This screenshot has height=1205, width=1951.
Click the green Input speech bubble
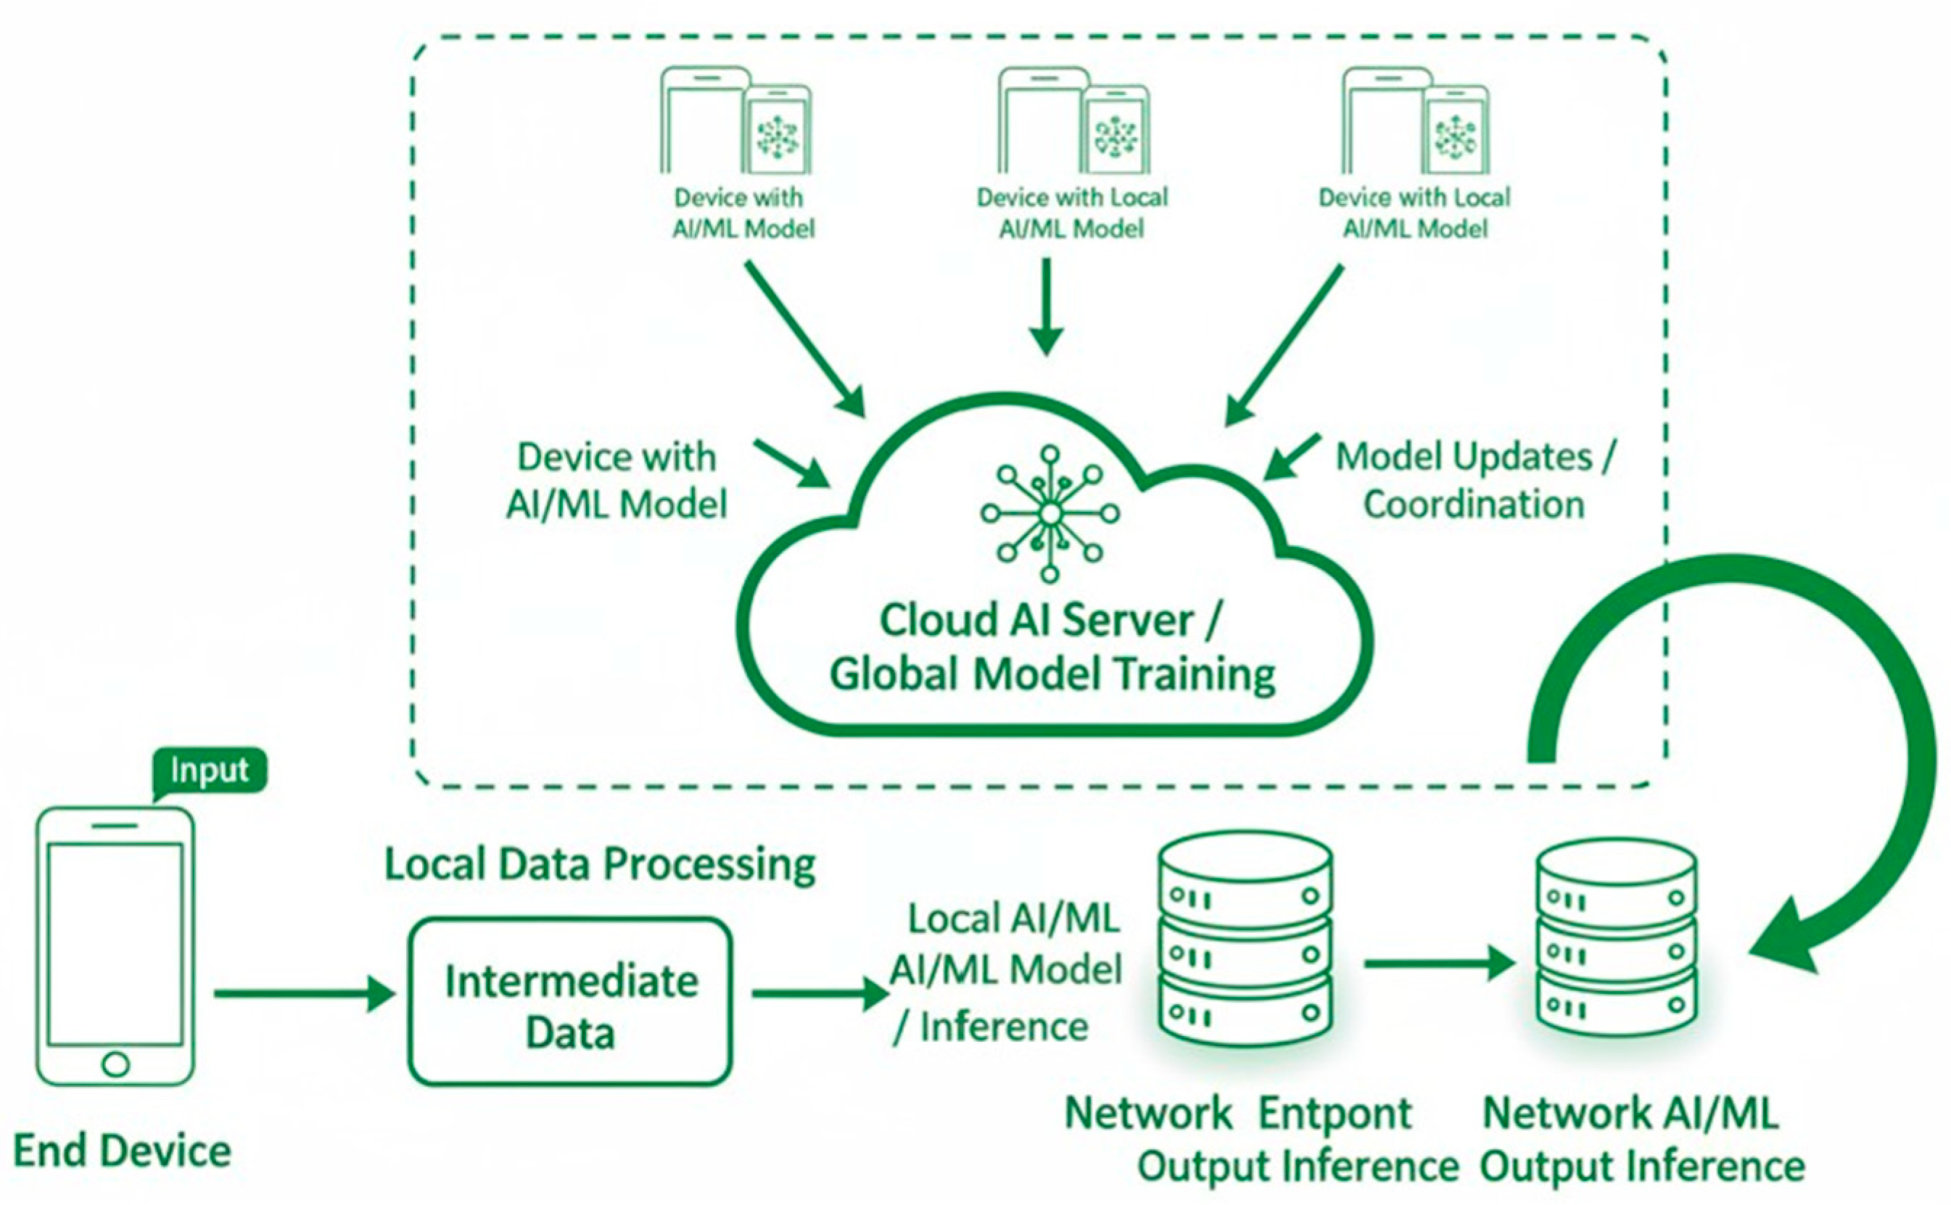(x=208, y=770)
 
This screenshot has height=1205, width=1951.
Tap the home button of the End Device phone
(x=115, y=1064)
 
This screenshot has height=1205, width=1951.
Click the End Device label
(x=122, y=1151)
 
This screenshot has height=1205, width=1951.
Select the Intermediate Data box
(x=570, y=1002)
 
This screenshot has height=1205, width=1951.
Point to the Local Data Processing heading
(x=600, y=865)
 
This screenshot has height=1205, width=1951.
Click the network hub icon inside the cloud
(x=1049, y=514)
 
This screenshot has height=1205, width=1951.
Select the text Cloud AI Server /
(x=1049, y=620)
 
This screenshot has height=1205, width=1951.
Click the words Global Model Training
(x=1052, y=674)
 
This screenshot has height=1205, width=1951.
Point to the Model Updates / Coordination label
(x=1474, y=481)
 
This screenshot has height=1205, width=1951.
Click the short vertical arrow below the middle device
(x=1047, y=307)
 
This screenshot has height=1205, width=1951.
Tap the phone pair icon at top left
(x=735, y=121)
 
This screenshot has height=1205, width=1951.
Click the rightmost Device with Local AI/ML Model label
(x=1414, y=212)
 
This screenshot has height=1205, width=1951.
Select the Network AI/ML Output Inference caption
(x=1642, y=1140)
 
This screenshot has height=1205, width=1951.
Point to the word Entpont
(x=1335, y=1114)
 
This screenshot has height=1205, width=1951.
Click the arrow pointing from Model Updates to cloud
(x=1291, y=457)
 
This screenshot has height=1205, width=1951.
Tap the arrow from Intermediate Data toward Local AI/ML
(x=820, y=994)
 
